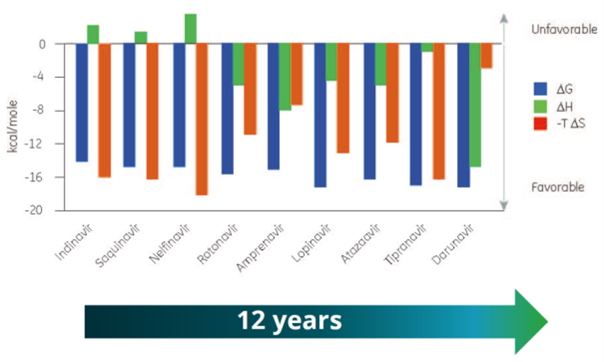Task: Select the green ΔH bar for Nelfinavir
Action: (x=190, y=28)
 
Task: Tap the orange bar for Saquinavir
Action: (x=152, y=111)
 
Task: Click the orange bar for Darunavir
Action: (x=487, y=56)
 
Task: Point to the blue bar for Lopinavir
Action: (x=320, y=115)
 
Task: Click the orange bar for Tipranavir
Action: (x=438, y=111)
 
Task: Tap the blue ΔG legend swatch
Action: (x=540, y=88)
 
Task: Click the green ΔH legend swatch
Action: (x=540, y=106)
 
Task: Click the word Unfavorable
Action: (x=564, y=30)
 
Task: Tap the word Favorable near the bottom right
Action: (x=558, y=187)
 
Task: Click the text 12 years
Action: (x=289, y=321)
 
